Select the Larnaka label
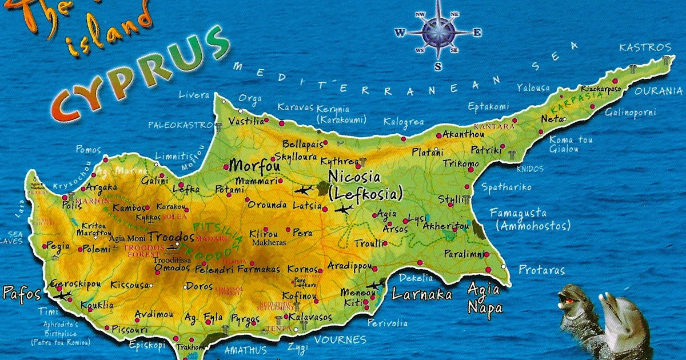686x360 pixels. click(x=422, y=295)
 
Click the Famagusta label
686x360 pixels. click(x=518, y=213)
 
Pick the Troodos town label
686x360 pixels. click(x=171, y=236)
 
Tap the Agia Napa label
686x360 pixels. click(x=484, y=298)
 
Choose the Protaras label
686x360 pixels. click(x=541, y=270)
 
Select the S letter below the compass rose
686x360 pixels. click(x=438, y=66)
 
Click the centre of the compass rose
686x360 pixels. click(x=438, y=32)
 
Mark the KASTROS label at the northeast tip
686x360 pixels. click(x=645, y=47)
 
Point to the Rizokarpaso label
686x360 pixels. click(x=600, y=89)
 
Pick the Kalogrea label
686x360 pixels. click(x=404, y=122)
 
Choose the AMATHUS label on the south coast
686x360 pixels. click(x=245, y=349)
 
